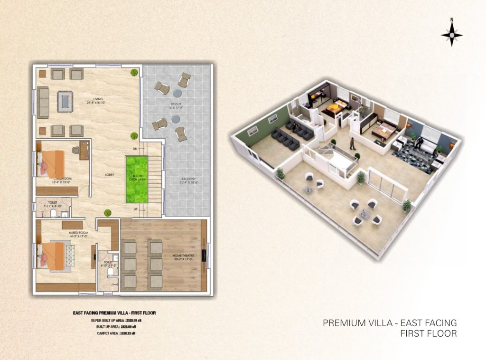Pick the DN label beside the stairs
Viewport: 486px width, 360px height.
point(135,149)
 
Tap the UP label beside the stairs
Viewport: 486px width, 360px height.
point(135,209)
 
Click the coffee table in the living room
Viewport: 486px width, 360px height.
point(63,100)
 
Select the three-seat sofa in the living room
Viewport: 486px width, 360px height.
point(43,102)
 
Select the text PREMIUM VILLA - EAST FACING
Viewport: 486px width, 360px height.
point(389,323)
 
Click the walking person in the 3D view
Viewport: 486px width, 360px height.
point(352,144)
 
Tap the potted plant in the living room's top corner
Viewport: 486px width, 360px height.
point(134,72)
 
